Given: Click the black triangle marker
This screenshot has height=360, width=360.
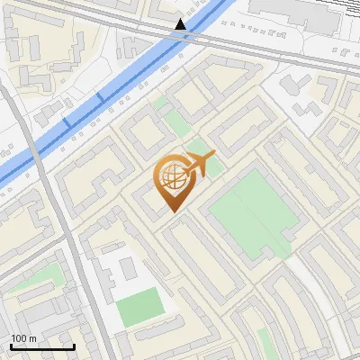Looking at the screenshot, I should [182, 24].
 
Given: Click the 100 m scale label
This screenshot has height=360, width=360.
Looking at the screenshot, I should [23, 338].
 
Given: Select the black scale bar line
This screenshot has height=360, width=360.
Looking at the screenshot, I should [42, 346].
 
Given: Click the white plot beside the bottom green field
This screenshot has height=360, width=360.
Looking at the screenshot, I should [112, 270].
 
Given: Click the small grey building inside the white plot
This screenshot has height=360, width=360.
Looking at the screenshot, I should [127, 267].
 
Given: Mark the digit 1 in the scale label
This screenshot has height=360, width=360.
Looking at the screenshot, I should [13, 338].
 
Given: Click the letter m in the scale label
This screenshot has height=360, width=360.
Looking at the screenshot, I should [32, 339].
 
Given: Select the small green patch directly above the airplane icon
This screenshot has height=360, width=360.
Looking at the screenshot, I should [200, 146].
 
